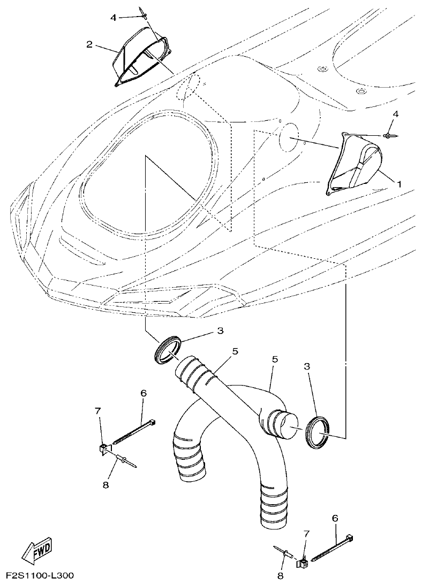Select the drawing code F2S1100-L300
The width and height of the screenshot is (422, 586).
[x=40, y=576]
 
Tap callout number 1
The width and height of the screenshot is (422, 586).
[x=399, y=182]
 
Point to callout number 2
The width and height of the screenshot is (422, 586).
[x=89, y=44]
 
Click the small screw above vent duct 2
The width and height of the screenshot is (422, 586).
[x=141, y=12]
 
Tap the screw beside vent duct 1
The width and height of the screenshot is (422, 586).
[x=390, y=135]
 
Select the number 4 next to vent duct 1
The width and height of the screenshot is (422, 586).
[x=395, y=114]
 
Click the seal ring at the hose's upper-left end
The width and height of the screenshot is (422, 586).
[x=167, y=349]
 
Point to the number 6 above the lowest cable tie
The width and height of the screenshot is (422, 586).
[x=335, y=518]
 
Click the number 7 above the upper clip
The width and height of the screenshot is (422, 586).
[x=97, y=411]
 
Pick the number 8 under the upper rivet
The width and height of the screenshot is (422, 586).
[x=105, y=484]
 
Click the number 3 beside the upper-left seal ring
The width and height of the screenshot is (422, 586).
[x=220, y=331]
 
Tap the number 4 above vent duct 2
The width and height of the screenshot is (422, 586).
[x=113, y=18]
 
